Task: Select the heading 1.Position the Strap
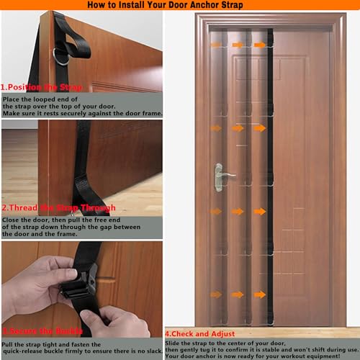[x=40, y=87]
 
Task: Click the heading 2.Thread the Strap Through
[x=58, y=209]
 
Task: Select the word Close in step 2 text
[x=13, y=219]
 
